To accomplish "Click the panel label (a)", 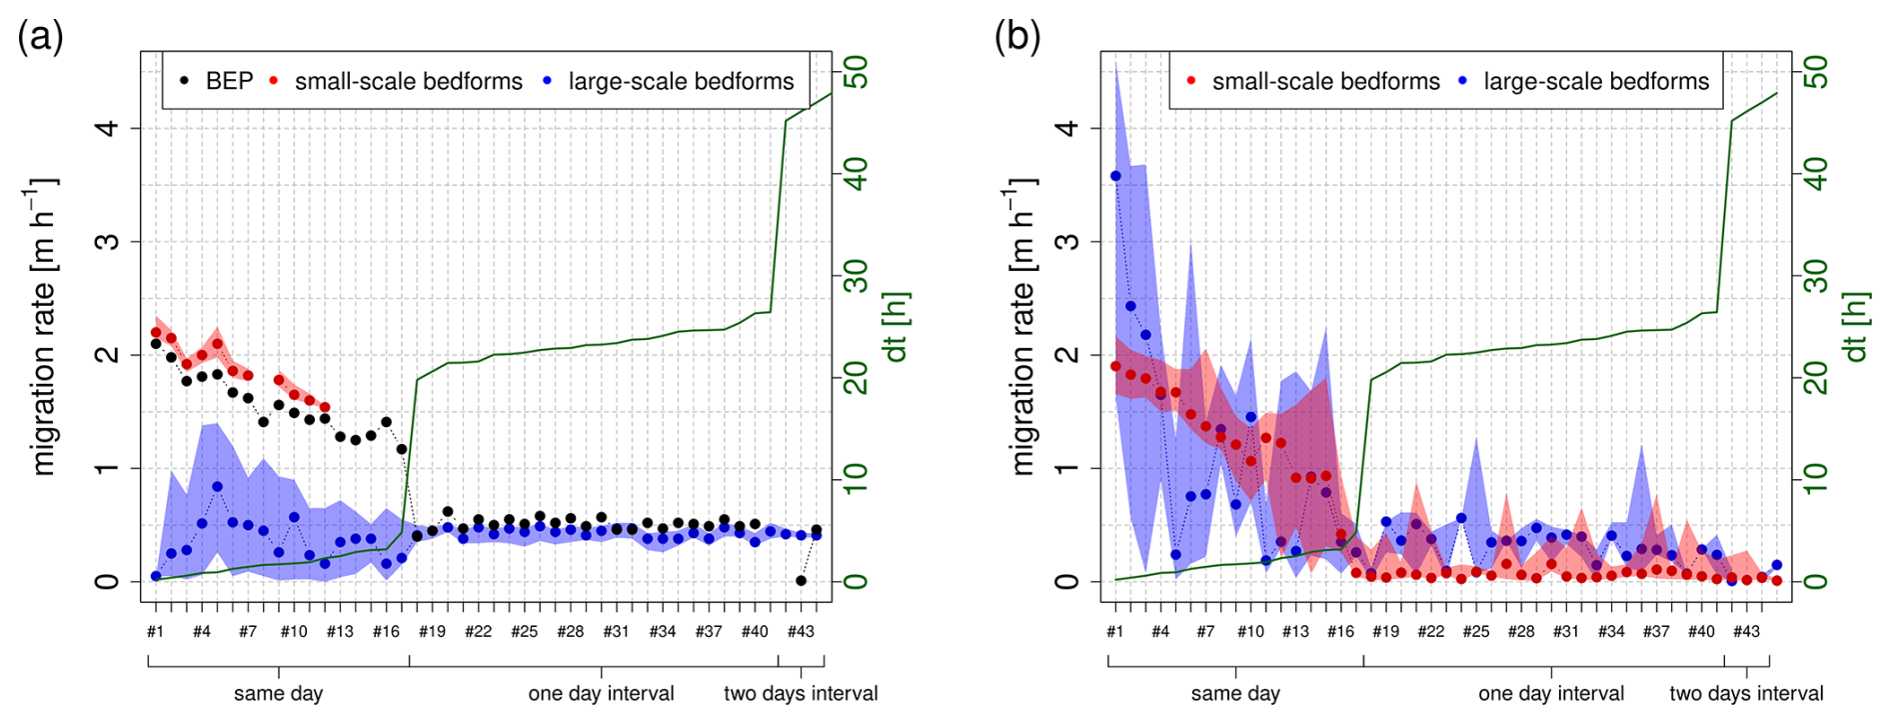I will (x=40, y=37).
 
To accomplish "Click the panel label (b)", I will (x=1016, y=37).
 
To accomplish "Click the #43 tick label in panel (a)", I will (x=801, y=631).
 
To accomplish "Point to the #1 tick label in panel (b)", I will (x=1114, y=631).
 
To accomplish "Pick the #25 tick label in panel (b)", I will (x=1476, y=631).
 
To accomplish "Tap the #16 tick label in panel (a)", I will (x=386, y=631).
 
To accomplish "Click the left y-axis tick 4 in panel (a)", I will (x=107, y=128).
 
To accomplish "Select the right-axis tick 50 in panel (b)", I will (x=1817, y=72).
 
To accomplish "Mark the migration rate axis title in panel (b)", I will (x=1023, y=327).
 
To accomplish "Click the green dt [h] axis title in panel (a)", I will (x=896, y=327).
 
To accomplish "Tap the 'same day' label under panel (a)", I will (x=278, y=693).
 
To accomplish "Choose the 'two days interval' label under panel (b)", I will (x=1746, y=693).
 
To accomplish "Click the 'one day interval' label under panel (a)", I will (x=601, y=693).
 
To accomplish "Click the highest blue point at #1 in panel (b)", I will (x=1115, y=176).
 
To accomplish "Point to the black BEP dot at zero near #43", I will (x=801, y=580).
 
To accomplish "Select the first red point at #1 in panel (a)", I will (x=156, y=332).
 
